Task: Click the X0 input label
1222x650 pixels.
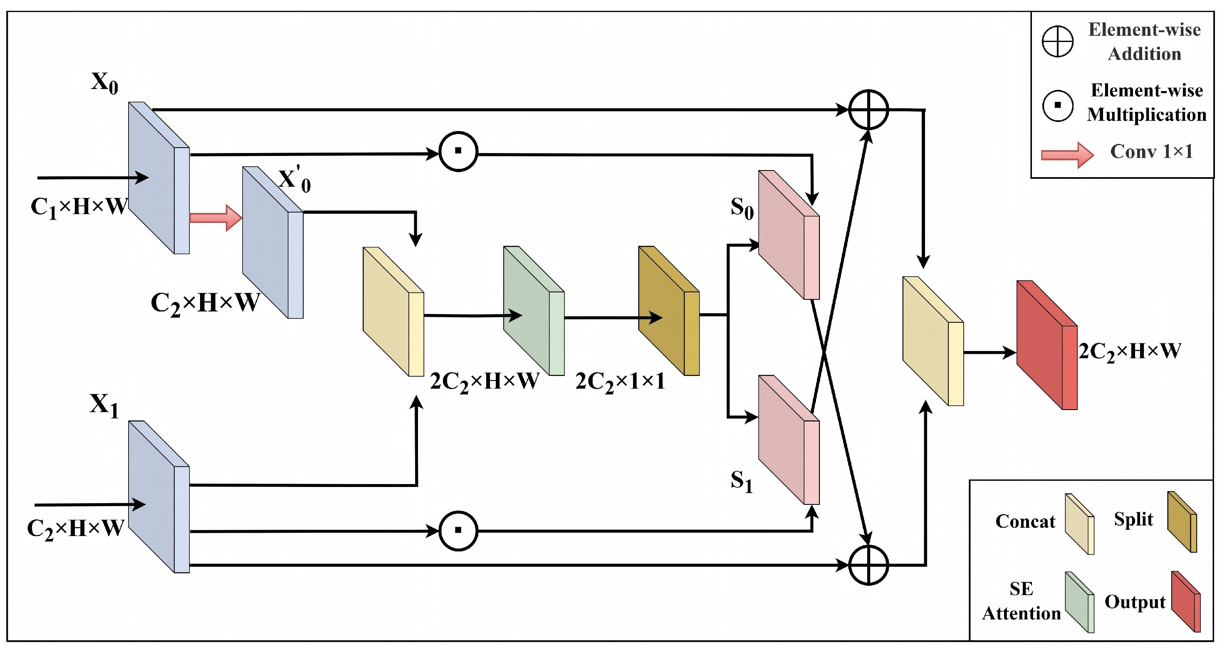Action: pos(105,84)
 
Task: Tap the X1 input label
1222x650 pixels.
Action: pos(104,406)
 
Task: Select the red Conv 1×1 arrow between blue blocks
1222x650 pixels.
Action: pos(216,218)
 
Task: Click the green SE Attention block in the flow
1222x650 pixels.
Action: pos(534,311)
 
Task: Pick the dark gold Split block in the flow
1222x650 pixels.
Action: pos(669,311)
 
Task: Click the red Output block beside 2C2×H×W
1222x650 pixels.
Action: pos(1047,345)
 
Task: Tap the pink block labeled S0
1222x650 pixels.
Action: pos(789,235)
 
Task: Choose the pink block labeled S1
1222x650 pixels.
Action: pos(789,440)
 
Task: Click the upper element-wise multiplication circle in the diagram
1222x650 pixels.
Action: pos(458,151)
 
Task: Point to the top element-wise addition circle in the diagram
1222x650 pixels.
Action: pos(868,110)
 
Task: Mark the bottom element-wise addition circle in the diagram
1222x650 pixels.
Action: pos(868,565)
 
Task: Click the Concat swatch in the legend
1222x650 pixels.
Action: pos(1080,524)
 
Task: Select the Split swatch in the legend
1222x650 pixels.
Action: pos(1182,522)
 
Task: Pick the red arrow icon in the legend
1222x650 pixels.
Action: pos(1067,155)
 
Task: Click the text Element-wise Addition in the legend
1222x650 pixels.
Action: pos(1145,42)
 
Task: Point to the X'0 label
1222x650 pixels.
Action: pos(294,180)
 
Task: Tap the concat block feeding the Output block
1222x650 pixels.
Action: pos(933,341)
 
